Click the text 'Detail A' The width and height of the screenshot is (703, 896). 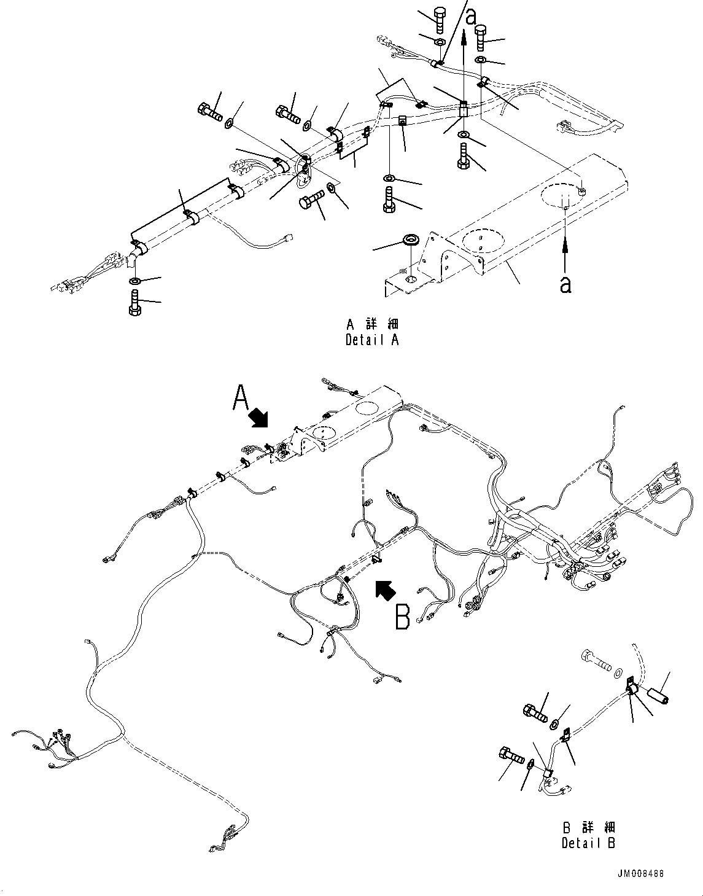(372, 340)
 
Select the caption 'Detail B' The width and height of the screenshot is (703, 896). (588, 843)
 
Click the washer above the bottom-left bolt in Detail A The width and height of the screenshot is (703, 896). (135, 281)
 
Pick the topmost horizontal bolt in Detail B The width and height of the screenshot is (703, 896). (595, 663)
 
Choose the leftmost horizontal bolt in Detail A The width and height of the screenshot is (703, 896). (209, 112)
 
